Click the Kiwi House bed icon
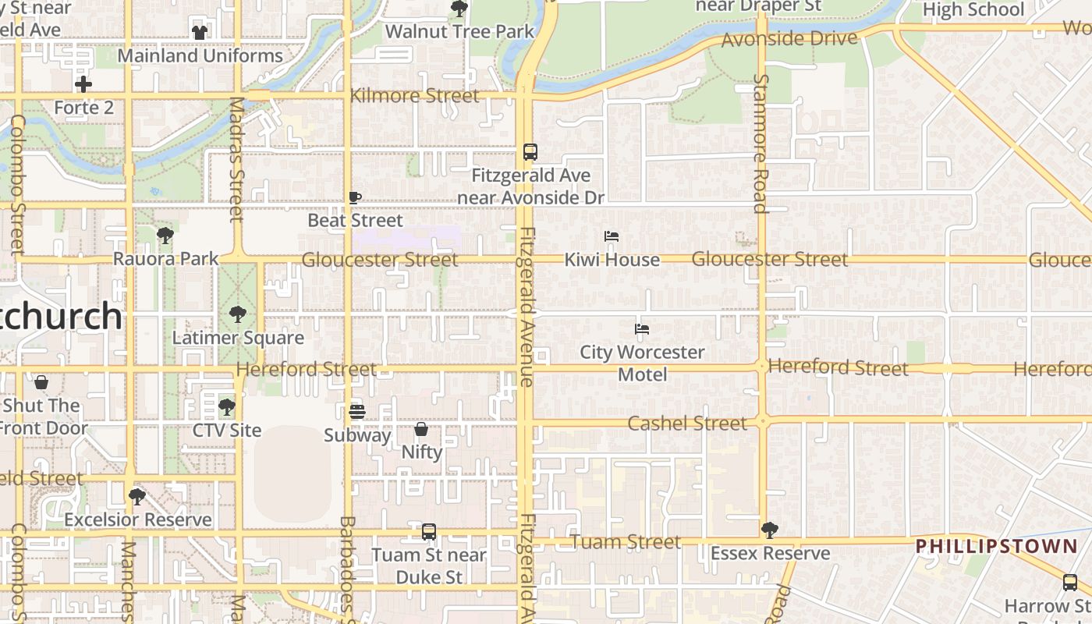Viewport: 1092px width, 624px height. click(x=612, y=236)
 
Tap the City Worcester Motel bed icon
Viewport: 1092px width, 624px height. click(x=642, y=329)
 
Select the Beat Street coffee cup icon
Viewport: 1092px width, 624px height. click(x=355, y=197)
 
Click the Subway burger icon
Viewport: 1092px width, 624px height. click(x=357, y=411)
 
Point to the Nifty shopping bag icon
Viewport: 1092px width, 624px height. click(x=421, y=429)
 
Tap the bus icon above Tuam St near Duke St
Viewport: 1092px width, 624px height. click(x=429, y=532)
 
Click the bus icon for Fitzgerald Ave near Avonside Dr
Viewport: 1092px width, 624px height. click(x=530, y=152)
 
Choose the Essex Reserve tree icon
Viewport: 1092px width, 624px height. click(x=770, y=530)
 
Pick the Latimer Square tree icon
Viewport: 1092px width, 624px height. click(x=238, y=314)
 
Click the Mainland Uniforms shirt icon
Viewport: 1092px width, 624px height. click(x=200, y=33)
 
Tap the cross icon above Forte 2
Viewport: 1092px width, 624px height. click(x=83, y=84)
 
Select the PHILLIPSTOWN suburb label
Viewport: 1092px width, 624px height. click(x=996, y=546)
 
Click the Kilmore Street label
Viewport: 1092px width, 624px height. click(x=415, y=96)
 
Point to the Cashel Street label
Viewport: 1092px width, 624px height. click(x=687, y=424)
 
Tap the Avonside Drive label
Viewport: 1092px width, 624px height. click(x=789, y=39)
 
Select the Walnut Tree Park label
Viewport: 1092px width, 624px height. click(x=460, y=32)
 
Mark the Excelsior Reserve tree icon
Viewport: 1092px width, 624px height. click(x=137, y=496)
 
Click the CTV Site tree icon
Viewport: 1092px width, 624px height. click(x=227, y=406)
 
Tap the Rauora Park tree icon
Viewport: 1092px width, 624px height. click(x=165, y=235)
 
